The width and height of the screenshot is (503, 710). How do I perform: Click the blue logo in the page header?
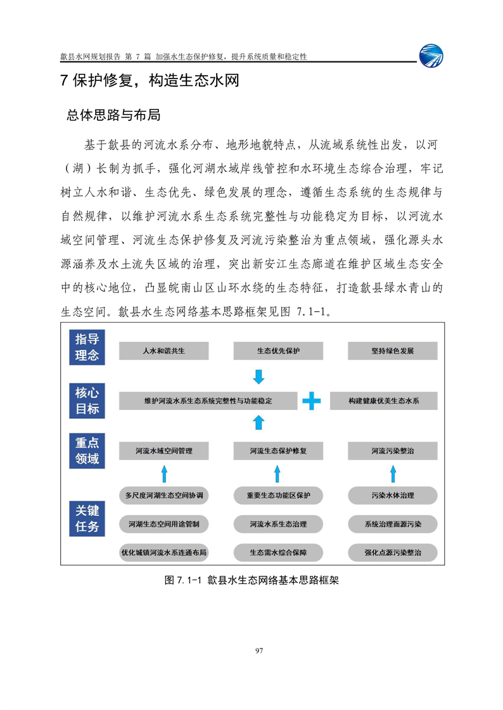coord(431,55)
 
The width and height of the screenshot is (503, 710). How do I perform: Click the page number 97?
coord(258,651)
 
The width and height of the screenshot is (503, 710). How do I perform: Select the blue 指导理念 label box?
coord(87,347)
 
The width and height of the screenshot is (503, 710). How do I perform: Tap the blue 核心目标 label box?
coord(87,401)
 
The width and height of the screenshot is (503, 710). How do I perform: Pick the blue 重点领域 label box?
coord(87,451)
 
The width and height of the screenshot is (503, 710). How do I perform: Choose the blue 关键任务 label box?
coord(87,518)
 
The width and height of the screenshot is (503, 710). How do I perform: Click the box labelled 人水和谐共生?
coord(164,351)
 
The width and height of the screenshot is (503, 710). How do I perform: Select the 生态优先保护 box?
coord(278,351)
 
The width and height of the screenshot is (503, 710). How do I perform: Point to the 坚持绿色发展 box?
coord(393,351)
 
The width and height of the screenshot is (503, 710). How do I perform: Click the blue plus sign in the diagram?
coord(311,401)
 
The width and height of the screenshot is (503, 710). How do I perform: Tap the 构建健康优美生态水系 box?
coord(384,401)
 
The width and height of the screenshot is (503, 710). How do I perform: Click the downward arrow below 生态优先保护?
coord(258,377)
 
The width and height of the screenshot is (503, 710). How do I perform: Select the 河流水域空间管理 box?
coord(164,452)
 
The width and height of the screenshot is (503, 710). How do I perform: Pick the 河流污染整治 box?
coord(393,452)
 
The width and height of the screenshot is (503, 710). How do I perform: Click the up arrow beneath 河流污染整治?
coord(393,473)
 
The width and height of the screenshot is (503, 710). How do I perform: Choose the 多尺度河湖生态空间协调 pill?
coord(164,495)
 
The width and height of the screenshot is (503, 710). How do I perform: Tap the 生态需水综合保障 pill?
coord(278,552)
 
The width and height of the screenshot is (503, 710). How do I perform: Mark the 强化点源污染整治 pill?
coord(393,552)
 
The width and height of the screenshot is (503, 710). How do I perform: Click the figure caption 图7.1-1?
coord(251,580)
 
